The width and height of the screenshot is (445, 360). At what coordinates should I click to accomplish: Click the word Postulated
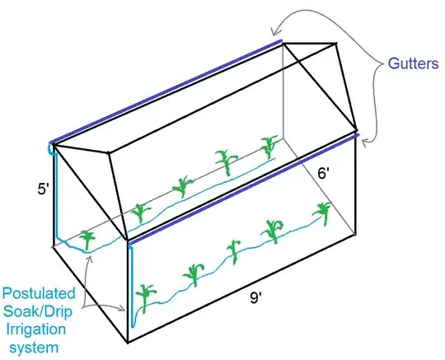[39, 293]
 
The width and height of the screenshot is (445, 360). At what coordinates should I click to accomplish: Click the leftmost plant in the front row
[148, 297]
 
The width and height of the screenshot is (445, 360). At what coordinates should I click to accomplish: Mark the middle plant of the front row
[234, 251]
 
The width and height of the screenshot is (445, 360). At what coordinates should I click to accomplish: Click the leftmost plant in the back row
[87, 239]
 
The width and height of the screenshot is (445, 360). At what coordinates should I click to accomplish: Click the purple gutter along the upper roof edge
[165, 91]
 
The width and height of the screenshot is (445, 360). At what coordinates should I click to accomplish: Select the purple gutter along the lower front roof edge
[243, 188]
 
